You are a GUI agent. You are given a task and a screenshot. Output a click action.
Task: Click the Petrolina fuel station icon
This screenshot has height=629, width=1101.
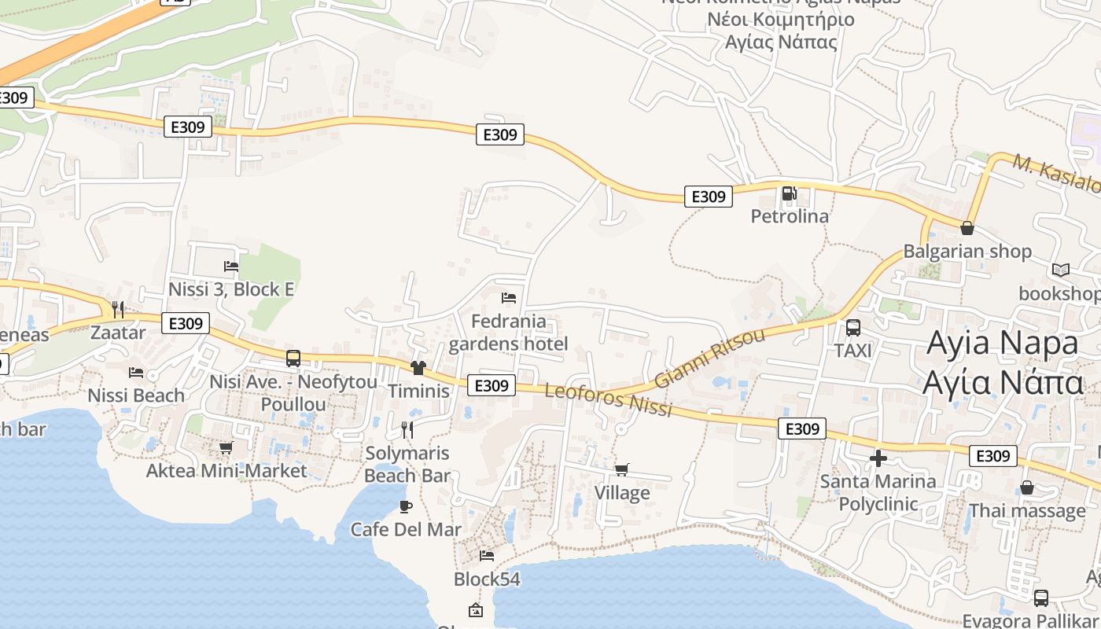point(789,193)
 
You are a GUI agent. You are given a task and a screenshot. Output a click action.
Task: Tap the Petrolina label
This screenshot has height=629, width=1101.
point(790,216)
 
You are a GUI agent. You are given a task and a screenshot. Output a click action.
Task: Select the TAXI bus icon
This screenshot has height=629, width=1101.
point(853,328)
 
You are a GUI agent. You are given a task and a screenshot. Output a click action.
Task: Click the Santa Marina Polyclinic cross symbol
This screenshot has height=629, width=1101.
point(878,458)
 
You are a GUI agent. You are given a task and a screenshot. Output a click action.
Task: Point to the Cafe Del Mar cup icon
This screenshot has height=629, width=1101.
point(406,506)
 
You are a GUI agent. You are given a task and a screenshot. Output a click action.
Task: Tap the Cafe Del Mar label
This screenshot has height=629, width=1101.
point(406,529)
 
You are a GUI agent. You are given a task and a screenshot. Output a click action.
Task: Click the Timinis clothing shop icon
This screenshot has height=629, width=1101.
point(418,368)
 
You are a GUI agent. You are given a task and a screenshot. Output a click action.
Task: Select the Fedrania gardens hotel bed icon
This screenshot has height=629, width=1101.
point(509,298)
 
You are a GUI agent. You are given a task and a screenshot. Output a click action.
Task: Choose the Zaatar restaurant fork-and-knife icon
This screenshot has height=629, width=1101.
point(118,309)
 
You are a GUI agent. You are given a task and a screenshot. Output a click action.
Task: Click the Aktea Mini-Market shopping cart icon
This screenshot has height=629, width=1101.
point(226,447)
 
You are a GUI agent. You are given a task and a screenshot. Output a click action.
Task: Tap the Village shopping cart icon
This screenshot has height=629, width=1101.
point(622,469)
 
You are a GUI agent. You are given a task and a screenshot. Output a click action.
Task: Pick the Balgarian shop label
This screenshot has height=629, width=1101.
point(967,252)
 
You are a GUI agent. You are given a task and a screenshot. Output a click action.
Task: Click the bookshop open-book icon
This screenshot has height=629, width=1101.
point(1061,270)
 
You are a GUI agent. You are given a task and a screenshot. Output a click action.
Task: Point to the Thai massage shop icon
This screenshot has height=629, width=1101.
point(1026,487)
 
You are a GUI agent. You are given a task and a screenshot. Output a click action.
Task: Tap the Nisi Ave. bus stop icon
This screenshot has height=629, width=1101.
point(293,359)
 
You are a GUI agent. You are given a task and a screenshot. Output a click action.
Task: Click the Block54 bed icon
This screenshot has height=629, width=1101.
point(487,556)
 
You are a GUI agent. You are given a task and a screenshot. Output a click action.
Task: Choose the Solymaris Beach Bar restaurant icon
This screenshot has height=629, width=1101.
point(407,429)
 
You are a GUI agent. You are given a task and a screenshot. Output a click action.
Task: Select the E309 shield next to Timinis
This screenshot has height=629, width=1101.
point(492,385)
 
